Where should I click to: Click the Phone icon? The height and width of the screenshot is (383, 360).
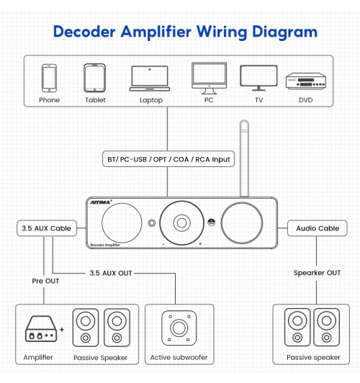point(50,77)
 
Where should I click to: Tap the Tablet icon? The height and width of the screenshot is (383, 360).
point(95,77)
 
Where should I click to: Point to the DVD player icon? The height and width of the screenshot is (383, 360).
point(306,79)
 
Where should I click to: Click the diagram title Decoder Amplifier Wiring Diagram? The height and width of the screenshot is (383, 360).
point(185,32)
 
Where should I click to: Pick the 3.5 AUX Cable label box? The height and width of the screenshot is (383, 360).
point(45,228)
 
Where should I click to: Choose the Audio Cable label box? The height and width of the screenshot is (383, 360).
point(317,228)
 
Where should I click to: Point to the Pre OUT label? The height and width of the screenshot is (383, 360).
point(45,280)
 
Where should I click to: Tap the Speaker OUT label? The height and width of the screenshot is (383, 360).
point(316,273)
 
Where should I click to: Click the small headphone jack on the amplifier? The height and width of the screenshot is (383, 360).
point(151,222)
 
